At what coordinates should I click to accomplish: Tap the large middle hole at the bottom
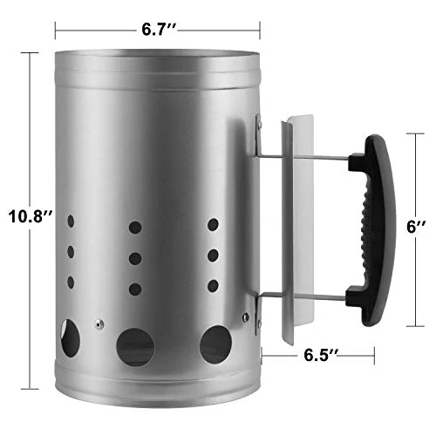[x=136, y=346]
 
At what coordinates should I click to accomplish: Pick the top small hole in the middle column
[x=135, y=228]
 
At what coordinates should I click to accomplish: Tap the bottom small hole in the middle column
[x=135, y=288]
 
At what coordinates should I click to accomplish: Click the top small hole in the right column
[x=212, y=225]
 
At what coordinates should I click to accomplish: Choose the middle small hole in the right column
[x=212, y=255]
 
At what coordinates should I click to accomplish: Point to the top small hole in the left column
[x=69, y=223]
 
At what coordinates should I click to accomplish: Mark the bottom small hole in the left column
[x=69, y=282]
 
